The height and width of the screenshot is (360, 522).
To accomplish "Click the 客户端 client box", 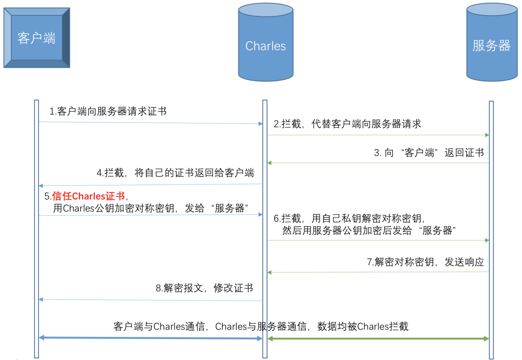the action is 37,38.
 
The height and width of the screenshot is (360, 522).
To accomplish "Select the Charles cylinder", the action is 266,42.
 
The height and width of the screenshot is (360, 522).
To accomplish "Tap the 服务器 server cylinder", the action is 492,42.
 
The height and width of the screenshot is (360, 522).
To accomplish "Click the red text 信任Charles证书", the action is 88,196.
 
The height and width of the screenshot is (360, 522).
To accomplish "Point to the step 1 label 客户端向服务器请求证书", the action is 108,111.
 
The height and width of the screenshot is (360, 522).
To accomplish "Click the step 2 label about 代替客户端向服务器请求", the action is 347,124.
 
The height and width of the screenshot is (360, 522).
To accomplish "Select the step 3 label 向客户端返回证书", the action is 429,152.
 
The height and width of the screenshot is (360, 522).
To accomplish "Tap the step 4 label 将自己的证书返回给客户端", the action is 175,173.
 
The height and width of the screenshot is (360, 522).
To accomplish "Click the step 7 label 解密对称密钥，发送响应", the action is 425,262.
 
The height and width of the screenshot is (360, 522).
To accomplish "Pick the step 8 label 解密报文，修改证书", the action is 204,288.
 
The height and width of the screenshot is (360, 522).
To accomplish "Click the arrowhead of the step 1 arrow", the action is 261,124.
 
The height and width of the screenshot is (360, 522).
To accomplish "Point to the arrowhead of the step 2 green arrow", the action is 487,135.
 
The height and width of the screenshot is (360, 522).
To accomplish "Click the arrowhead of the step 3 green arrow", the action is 269,163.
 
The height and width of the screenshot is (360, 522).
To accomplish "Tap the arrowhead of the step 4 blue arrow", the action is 41,186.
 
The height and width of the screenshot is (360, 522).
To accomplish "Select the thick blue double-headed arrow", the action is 151,338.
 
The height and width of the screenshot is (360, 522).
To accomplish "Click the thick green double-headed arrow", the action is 378,339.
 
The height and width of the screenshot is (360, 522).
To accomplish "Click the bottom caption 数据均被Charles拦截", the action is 363,326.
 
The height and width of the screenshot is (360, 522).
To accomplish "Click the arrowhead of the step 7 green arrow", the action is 269,272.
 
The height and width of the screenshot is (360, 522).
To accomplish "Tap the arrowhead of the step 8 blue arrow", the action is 41,299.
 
